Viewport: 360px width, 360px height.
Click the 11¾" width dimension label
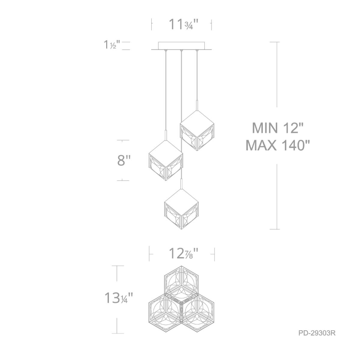coord(183,24)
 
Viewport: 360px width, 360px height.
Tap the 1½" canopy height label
coord(112,45)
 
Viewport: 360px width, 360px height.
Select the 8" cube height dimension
coord(124,160)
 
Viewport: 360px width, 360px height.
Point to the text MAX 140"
coord(278,145)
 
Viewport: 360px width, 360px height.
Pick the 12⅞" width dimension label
coord(183,254)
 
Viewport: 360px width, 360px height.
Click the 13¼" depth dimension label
coord(119,298)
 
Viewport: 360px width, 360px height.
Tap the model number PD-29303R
coord(317,333)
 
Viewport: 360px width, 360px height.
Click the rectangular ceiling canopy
coord(181,46)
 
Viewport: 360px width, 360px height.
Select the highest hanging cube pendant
coord(197,130)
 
